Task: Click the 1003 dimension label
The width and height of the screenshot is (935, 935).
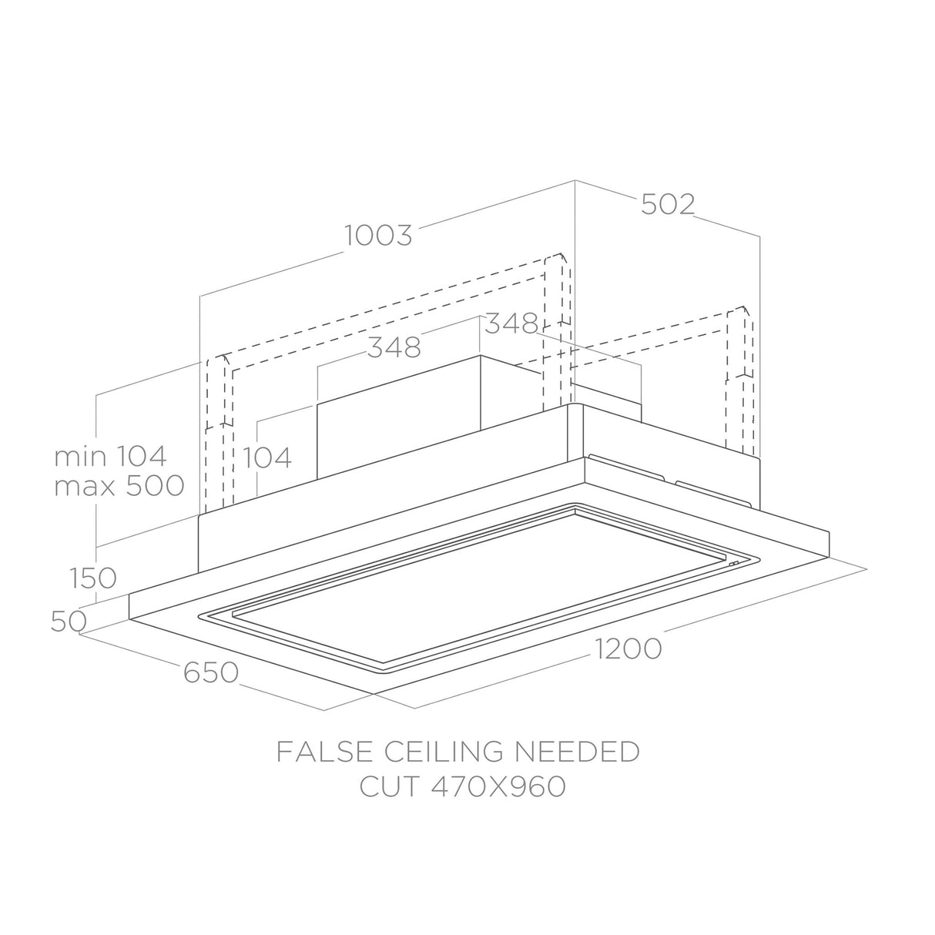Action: [x=378, y=236]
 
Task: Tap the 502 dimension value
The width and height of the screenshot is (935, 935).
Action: [x=669, y=204]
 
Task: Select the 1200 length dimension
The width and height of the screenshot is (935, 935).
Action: [x=628, y=648]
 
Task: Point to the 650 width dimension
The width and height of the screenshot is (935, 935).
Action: [x=211, y=672]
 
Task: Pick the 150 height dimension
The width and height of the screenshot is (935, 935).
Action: [x=92, y=578]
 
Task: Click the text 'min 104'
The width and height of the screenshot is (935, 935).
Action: [x=111, y=456]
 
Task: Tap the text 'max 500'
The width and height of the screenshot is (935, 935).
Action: [x=119, y=485]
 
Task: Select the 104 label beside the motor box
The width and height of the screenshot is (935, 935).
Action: [x=266, y=457]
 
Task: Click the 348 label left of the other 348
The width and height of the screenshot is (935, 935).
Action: [x=394, y=347]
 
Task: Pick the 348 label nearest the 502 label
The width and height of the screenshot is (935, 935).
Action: [x=511, y=323]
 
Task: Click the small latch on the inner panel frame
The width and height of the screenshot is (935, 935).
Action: [x=733, y=564]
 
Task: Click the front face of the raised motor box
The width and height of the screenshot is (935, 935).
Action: [x=399, y=417]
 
